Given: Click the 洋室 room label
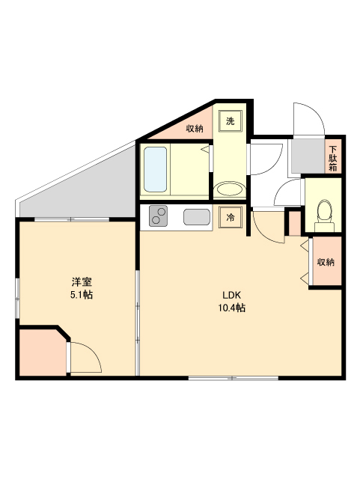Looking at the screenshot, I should tap(82, 282).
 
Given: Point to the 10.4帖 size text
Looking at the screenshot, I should tap(233, 308).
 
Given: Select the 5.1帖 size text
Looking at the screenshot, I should tap(82, 295).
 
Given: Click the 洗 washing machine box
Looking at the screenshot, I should tap(231, 120).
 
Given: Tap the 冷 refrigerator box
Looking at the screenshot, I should tap(231, 217).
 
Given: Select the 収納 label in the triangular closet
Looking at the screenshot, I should tap(195, 129).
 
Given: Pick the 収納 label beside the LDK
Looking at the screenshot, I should tap(325, 262).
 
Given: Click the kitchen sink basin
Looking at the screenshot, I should tap(196, 218).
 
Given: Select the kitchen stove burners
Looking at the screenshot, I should tap(159, 216).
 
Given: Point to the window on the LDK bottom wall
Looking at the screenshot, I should tap(233, 378).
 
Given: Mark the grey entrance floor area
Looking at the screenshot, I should tap(306, 155).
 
